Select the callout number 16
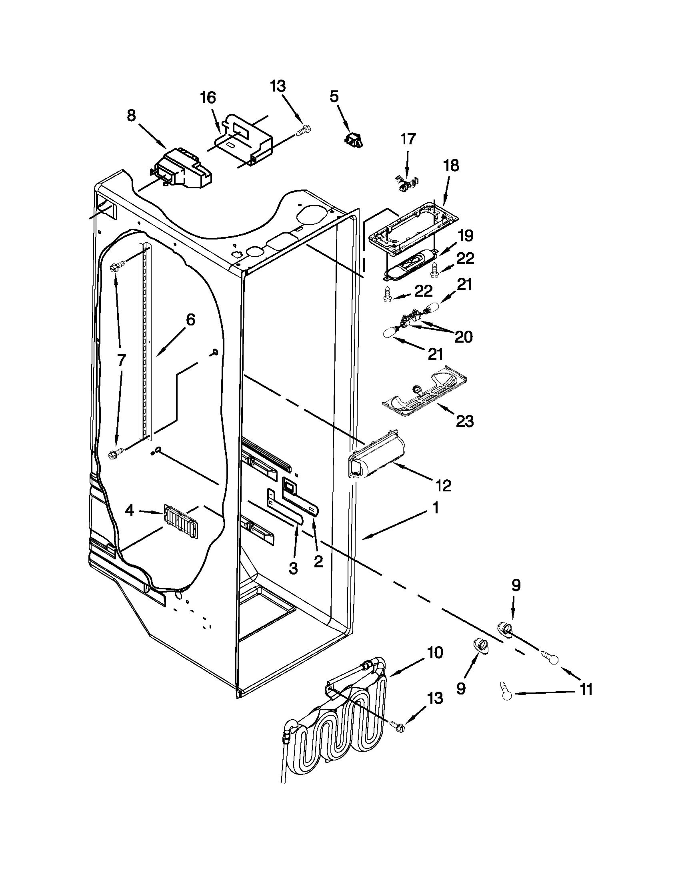[209, 98]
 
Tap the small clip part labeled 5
[353, 139]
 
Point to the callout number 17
[408, 139]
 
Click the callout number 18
[451, 166]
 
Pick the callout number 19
[465, 236]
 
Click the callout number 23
[464, 421]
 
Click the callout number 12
[443, 486]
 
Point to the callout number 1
[435, 509]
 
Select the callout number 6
[190, 320]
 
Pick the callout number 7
[121, 360]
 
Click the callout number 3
[293, 568]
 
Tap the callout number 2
[318, 561]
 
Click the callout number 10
[435, 652]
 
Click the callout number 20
[463, 337]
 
